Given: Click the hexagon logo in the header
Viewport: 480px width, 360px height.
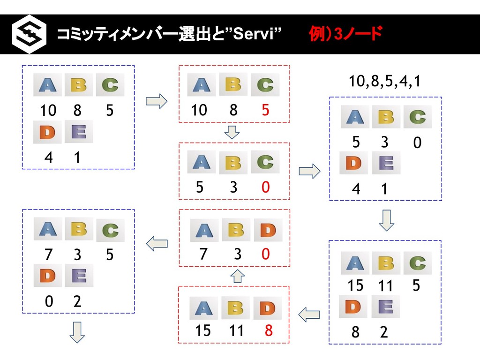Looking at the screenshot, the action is tap(29, 35).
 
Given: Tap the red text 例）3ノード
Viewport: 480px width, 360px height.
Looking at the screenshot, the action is tap(345, 34).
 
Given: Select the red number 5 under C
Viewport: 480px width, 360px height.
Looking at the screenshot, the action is tap(265, 110).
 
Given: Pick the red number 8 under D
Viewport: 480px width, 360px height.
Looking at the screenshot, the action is tap(269, 331).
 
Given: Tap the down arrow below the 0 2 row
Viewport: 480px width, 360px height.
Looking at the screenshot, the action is tap(77, 332).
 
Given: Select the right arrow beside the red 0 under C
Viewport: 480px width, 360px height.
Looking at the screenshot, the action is tap(309, 171).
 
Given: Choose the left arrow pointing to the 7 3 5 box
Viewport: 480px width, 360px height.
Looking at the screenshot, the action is tap(157, 243).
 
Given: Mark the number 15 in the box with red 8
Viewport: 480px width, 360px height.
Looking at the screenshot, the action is tap(202, 331).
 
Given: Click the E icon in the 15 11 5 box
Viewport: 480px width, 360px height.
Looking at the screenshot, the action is tap(386, 307).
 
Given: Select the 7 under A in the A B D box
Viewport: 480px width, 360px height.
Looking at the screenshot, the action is tap(203, 254).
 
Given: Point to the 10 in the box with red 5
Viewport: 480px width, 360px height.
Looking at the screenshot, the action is tap(198, 110).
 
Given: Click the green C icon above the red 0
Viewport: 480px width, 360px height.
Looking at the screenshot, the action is tap(265, 162).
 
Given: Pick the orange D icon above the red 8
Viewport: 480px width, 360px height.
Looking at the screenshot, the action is tap(268, 308).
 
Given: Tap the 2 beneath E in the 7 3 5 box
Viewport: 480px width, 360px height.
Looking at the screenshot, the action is tap(77, 302).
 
